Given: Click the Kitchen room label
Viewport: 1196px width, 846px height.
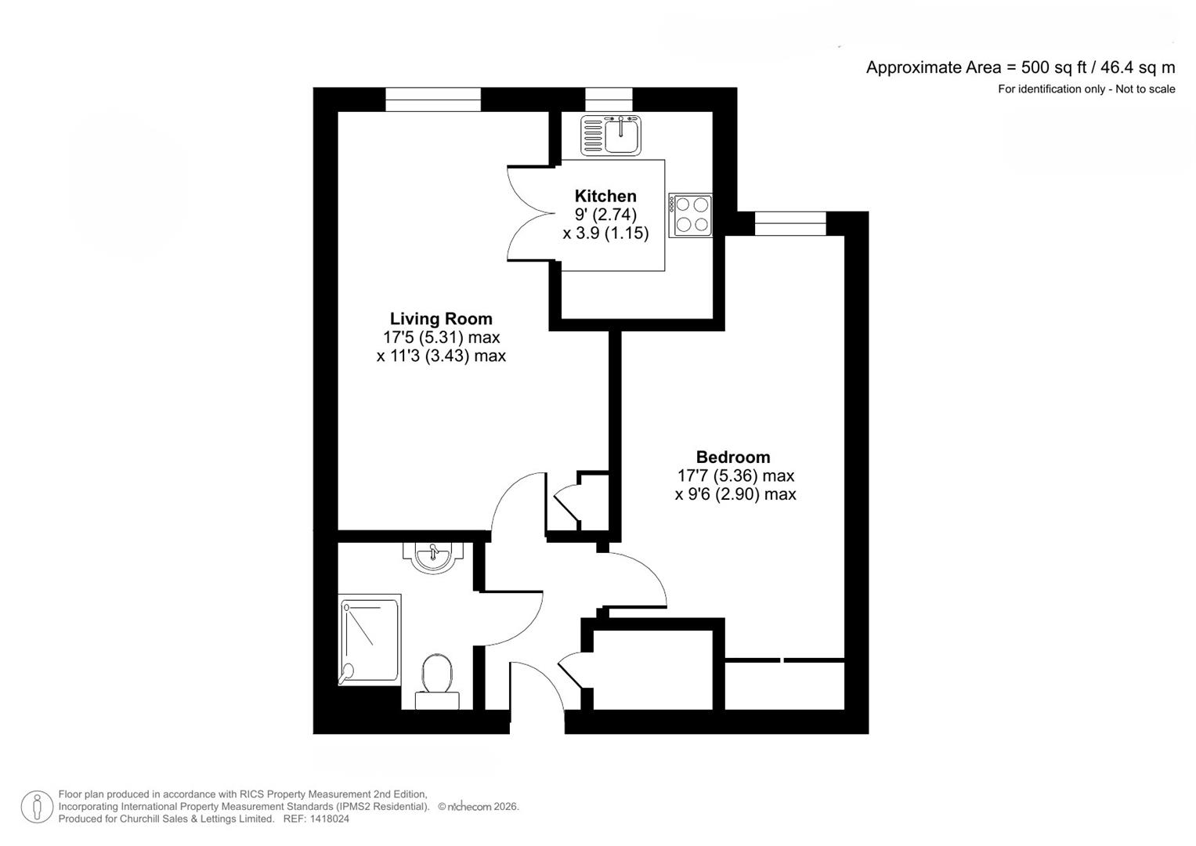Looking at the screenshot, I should click(605, 196).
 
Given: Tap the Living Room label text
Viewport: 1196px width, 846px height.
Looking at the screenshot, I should click(441, 319).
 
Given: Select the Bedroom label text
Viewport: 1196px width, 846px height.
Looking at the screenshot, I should click(733, 457).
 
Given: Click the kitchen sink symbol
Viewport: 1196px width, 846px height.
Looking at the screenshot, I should click(611, 135).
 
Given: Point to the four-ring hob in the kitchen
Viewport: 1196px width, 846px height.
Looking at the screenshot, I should click(691, 215).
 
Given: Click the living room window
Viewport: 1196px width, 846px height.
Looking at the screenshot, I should click(433, 99).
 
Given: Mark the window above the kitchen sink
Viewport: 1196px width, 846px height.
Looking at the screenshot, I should click(609, 99).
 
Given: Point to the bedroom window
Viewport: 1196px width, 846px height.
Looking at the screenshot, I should click(790, 223).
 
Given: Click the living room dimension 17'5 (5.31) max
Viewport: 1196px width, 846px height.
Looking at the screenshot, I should click(441, 338).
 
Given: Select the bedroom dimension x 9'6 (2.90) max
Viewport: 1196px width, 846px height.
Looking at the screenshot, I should click(735, 494).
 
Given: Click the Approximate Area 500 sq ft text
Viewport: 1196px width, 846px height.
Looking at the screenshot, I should click(1020, 67).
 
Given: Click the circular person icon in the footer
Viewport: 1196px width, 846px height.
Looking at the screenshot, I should click(37, 807).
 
